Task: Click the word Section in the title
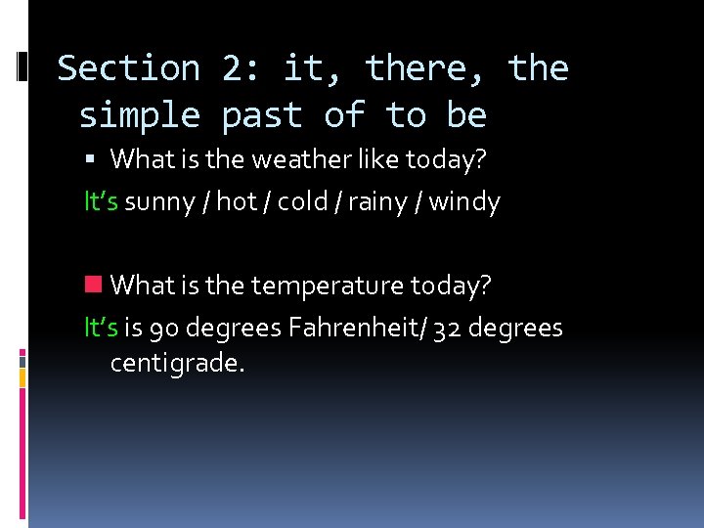(128, 68)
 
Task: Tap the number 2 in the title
(235, 68)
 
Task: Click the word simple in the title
(139, 115)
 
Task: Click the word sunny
(160, 202)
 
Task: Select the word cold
(303, 202)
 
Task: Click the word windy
(464, 202)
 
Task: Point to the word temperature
(328, 286)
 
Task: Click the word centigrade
(176, 364)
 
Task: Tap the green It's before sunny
(102, 202)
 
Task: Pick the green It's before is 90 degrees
(102, 328)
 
